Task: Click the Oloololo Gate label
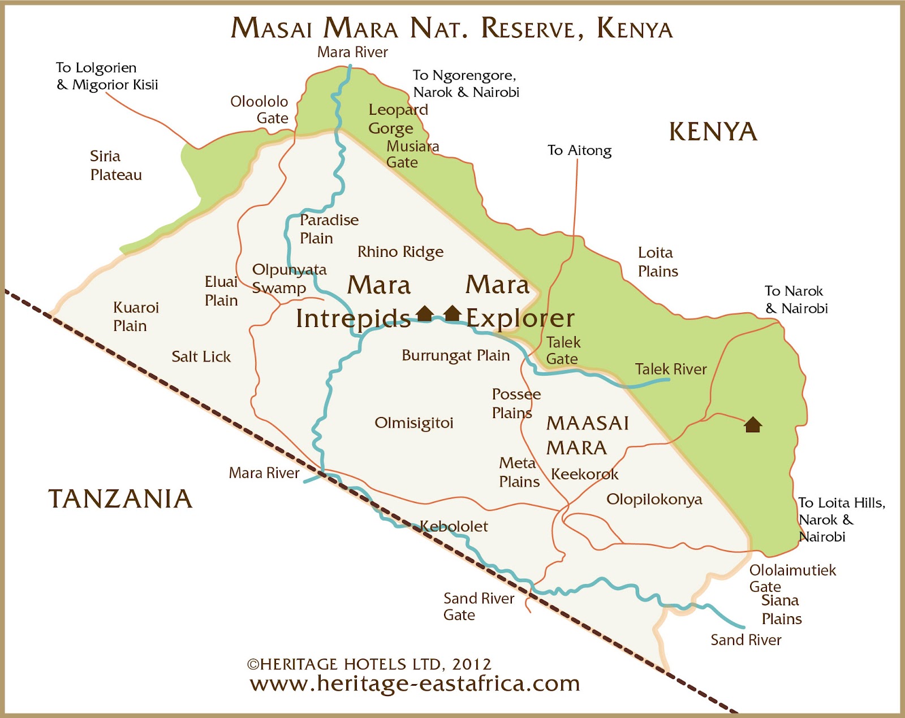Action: [260, 110]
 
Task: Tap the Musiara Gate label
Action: [412, 154]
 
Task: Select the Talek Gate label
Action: [563, 350]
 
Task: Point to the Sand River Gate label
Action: [479, 607]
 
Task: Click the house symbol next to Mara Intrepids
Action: [425, 313]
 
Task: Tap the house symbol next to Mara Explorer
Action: [452, 313]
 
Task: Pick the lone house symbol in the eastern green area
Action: [752, 424]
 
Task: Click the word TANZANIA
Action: [120, 499]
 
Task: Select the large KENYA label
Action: [713, 132]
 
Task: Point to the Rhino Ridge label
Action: [400, 252]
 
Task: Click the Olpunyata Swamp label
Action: [289, 278]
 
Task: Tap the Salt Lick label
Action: [201, 357]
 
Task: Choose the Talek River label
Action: [671, 369]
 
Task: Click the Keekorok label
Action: [584, 474]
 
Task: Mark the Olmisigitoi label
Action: [414, 423]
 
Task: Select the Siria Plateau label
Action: [115, 165]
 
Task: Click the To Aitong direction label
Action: [579, 151]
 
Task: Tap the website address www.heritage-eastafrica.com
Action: [415, 683]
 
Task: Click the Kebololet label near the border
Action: [454, 527]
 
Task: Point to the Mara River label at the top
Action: [352, 52]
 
